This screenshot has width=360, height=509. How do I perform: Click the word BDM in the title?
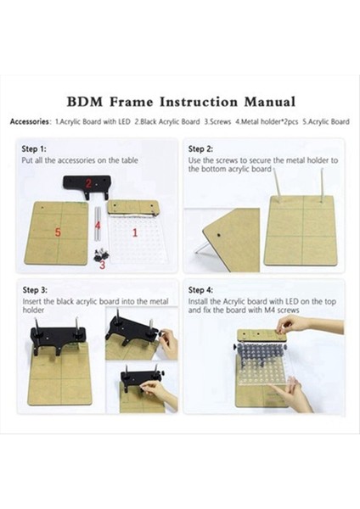[x=84, y=102]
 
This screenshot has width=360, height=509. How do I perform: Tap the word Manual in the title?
[x=270, y=102]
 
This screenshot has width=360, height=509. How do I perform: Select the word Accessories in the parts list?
[x=30, y=121]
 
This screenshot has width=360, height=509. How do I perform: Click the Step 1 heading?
[x=34, y=149]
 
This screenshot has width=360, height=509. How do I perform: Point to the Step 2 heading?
[x=200, y=149]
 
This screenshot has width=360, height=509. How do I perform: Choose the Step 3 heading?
[x=35, y=290]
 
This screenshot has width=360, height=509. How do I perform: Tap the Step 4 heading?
[x=200, y=290]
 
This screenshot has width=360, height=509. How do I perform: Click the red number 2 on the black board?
[x=88, y=184]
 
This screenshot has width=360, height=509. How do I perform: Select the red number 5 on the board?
[x=58, y=232]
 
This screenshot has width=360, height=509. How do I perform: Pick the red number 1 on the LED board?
[x=135, y=232]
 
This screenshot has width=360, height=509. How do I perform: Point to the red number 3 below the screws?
[x=103, y=265]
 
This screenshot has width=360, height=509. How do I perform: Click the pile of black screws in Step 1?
[x=100, y=255]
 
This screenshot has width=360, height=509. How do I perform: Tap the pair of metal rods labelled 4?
[x=98, y=224]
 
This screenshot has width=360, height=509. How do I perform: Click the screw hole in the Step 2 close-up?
[x=220, y=234]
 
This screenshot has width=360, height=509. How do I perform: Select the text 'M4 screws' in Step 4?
[x=281, y=310]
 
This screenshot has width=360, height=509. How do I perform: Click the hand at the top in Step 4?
[x=294, y=324]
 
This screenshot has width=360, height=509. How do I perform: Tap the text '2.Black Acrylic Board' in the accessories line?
[x=167, y=121]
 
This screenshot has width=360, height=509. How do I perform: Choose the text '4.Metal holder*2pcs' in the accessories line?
[x=267, y=121]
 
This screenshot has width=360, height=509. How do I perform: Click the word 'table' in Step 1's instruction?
[x=130, y=160]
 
